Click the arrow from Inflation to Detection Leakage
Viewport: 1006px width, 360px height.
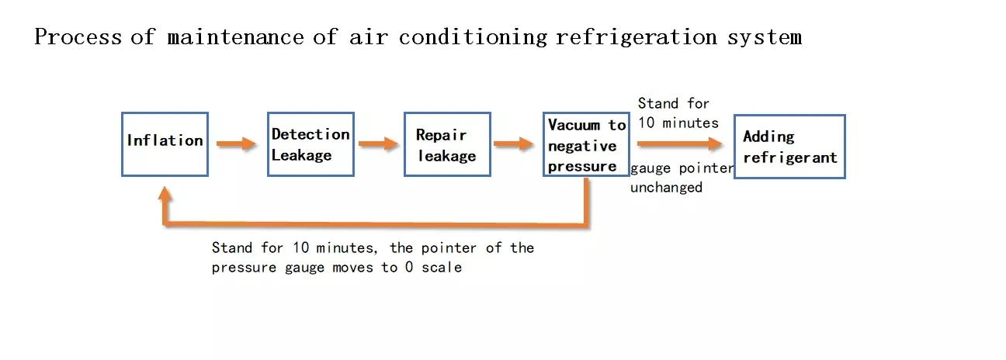(x=236, y=144)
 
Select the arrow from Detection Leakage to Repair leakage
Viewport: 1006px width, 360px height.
(x=379, y=144)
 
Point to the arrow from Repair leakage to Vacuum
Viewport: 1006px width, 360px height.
(x=514, y=144)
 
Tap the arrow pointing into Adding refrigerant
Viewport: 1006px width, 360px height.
(x=680, y=144)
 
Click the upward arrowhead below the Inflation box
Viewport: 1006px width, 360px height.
(x=165, y=193)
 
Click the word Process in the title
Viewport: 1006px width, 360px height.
(x=78, y=36)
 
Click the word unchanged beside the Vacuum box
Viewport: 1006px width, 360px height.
(x=666, y=188)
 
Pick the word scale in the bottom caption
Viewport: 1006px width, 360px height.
(x=442, y=268)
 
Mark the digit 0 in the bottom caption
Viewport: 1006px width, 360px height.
(x=408, y=267)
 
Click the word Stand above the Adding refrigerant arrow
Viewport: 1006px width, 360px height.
(x=658, y=104)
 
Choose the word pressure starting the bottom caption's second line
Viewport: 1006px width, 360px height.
(x=244, y=268)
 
